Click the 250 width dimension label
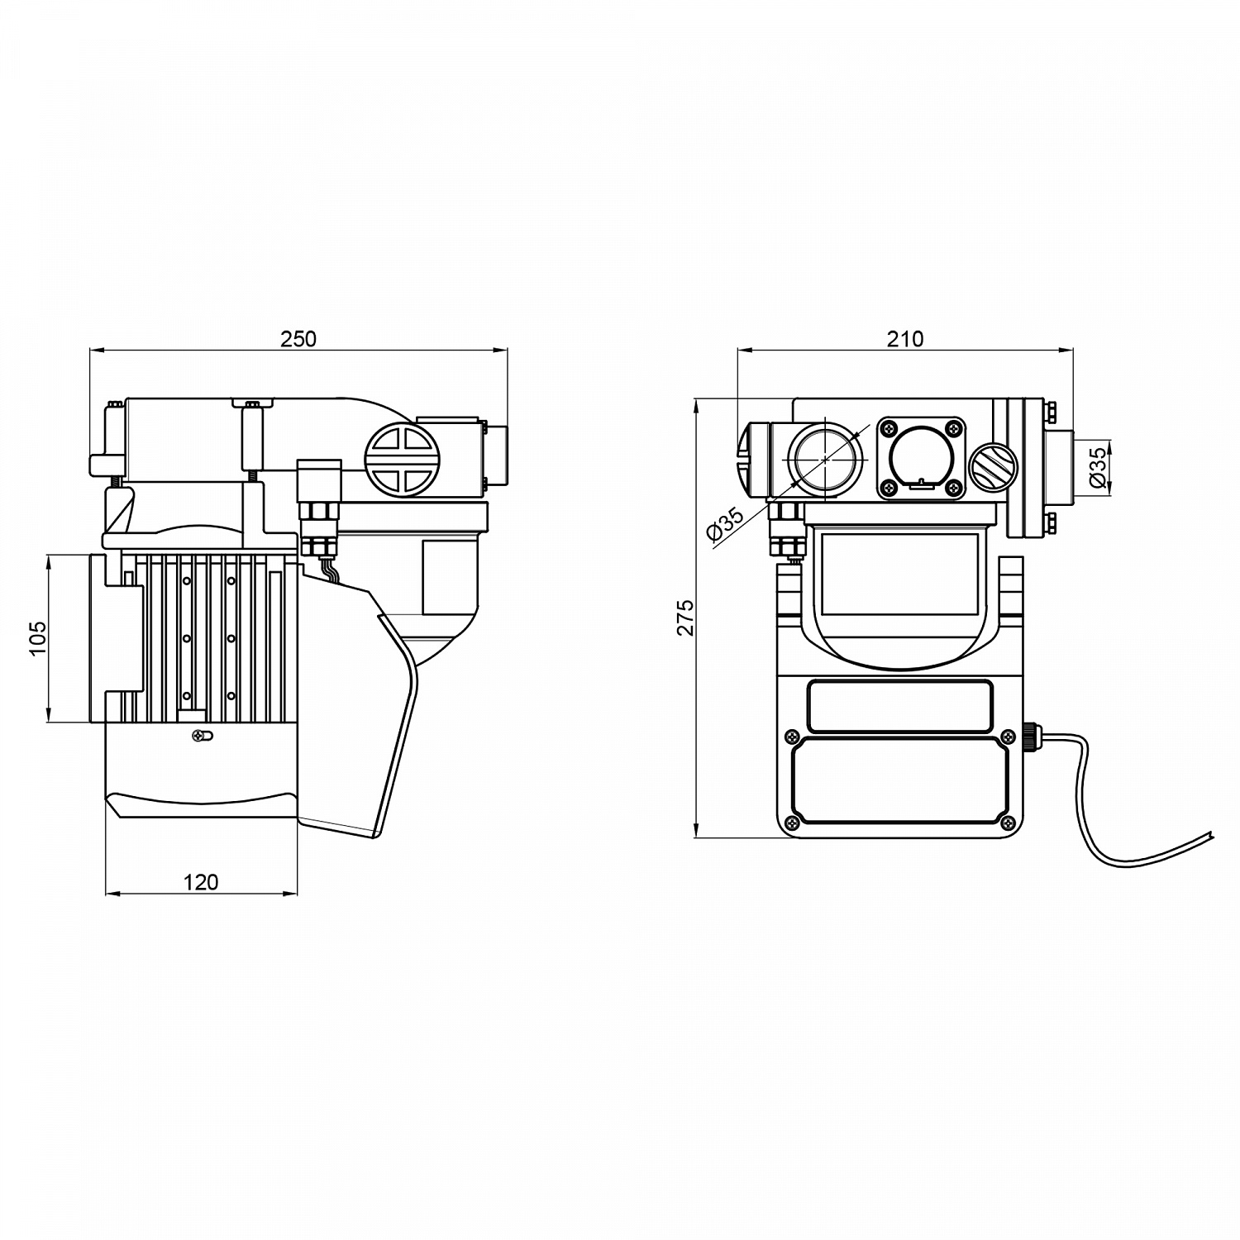[298, 339]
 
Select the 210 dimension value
[905, 339]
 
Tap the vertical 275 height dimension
[685, 618]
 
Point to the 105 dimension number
[38, 638]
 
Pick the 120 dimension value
[201, 882]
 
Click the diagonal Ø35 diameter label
[725, 526]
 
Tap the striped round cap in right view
[990, 470]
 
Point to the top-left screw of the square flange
[889, 428]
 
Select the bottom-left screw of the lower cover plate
[792, 822]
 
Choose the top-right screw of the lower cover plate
[1009, 736]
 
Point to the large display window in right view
[899, 573]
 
